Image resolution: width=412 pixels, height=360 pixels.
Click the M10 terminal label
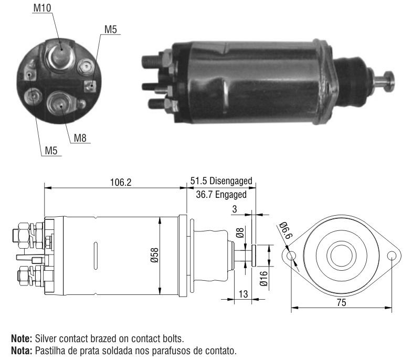pyautogui.click(x=42, y=8)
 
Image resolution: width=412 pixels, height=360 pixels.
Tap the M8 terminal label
pyautogui.click(x=80, y=137)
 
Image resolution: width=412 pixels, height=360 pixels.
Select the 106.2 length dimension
pyautogui.click(x=121, y=182)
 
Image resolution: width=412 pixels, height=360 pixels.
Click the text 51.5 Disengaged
pyautogui.click(x=221, y=181)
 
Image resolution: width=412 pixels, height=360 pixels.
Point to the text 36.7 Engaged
pyautogui.click(x=221, y=195)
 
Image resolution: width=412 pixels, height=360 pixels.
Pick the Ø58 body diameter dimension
pyautogui.click(x=154, y=255)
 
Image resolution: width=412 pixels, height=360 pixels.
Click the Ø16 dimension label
pyautogui.click(x=263, y=279)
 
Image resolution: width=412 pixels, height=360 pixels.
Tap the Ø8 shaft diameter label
pyautogui.click(x=240, y=232)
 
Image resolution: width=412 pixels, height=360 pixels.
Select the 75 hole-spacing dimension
pyautogui.click(x=341, y=303)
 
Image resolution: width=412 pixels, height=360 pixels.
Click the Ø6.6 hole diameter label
pyautogui.click(x=286, y=230)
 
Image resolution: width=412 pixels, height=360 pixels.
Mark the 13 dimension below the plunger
pyautogui.click(x=243, y=294)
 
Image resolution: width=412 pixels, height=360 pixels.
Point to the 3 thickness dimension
pyautogui.click(x=235, y=209)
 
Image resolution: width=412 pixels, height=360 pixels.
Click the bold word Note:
pyautogui.click(x=22, y=338)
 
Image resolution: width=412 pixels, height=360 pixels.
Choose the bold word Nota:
pyautogui.click(x=22, y=351)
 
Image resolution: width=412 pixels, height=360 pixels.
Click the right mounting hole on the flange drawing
pyautogui.click(x=392, y=256)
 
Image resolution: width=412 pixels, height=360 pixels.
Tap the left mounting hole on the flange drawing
pyautogui.click(x=291, y=256)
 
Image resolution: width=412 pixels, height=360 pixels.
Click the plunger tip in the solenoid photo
pyautogui.click(x=389, y=81)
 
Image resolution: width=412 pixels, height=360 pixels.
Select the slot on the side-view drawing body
pyautogui.click(x=96, y=256)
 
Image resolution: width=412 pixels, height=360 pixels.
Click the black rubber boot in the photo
pyautogui.click(x=351, y=81)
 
